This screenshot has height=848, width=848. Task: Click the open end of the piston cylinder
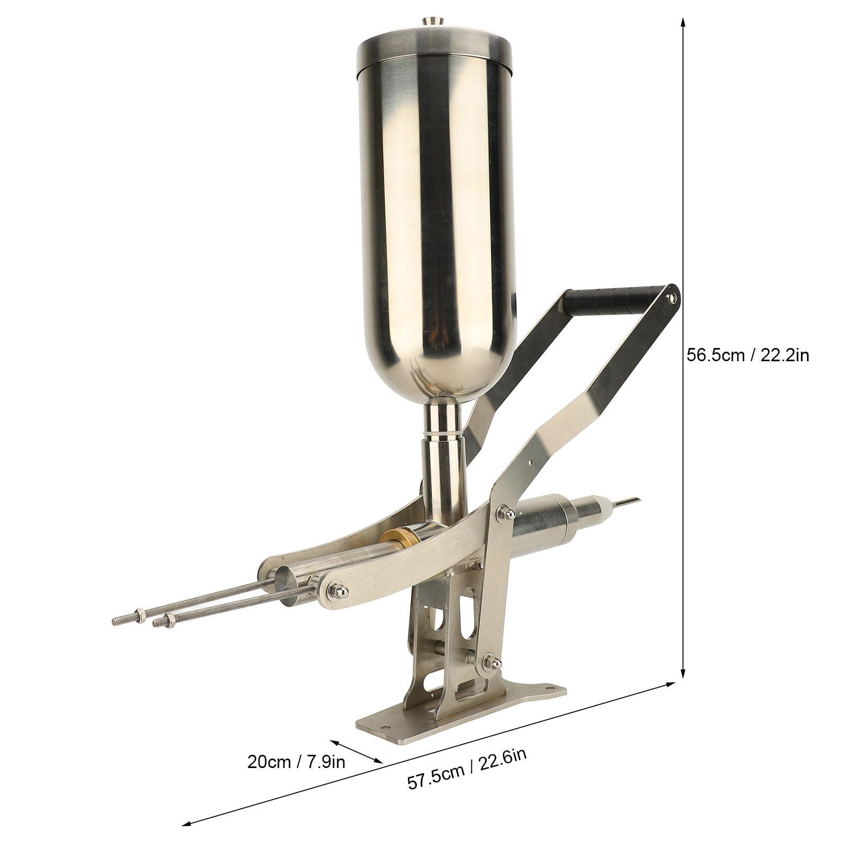coord(286,588)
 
